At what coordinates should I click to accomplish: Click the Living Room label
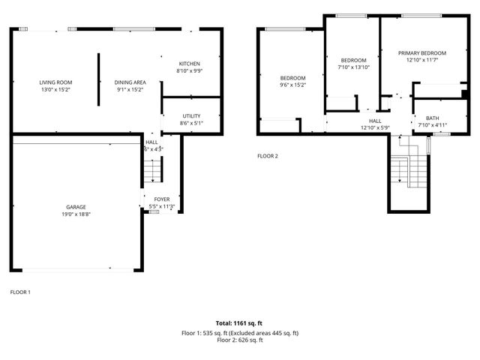(x=55, y=82)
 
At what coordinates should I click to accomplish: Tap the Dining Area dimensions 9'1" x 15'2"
(x=130, y=89)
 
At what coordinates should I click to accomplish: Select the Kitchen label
(x=189, y=63)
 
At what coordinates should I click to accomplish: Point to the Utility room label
(x=191, y=116)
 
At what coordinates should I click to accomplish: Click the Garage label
(x=76, y=207)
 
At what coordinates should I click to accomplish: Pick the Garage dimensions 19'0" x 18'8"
(x=76, y=214)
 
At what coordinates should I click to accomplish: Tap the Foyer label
(x=162, y=199)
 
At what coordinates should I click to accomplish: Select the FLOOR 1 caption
(x=20, y=292)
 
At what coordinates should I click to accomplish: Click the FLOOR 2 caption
(x=268, y=156)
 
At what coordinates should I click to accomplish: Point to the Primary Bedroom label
(x=422, y=52)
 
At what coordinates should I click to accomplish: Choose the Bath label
(x=433, y=118)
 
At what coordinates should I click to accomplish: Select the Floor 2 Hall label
(x=375, y=121)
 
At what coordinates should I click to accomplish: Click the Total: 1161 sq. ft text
(x=239, y=323)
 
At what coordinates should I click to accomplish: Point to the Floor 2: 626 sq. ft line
(x=239, y=340)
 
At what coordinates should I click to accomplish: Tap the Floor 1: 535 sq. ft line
(x=239, y=332)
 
